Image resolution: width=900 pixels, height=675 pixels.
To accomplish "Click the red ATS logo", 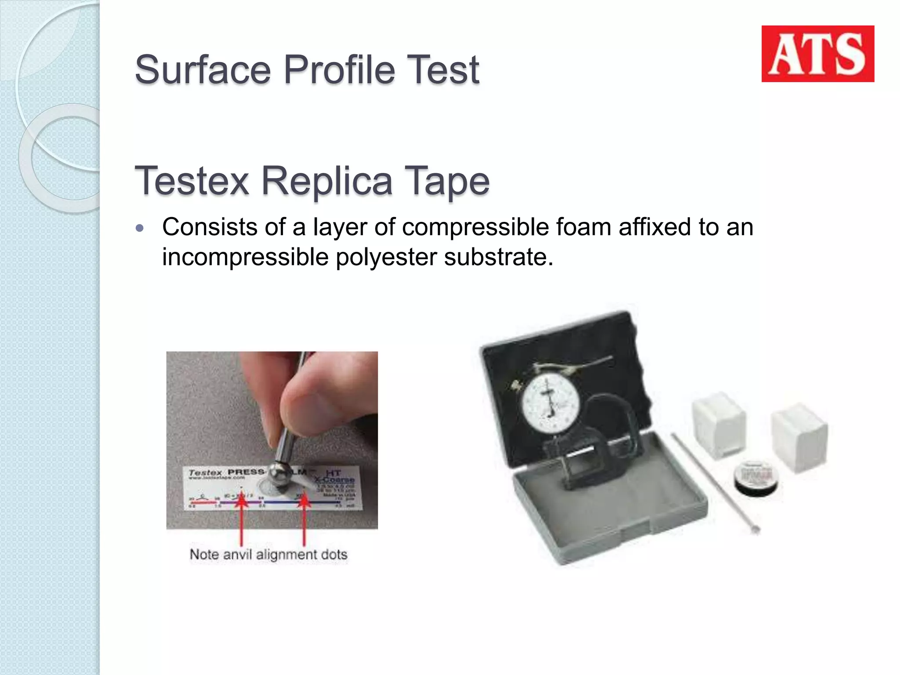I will pos(817,54).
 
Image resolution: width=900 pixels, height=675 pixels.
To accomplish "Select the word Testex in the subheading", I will pos(192,181).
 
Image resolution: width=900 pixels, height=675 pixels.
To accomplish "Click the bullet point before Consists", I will pos(140,228).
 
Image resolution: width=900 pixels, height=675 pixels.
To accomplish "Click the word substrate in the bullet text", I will pos(498,257).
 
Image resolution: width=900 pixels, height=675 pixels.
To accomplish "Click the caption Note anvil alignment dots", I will pos(268,554).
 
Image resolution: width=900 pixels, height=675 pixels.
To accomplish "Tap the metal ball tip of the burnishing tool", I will pos(278,475).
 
